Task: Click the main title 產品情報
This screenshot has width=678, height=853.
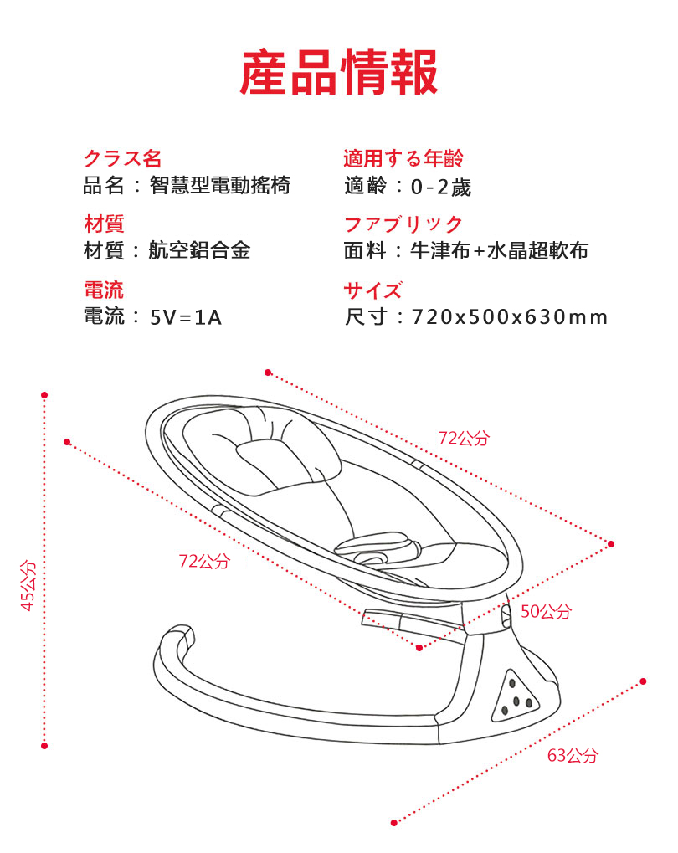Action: click(339, 73)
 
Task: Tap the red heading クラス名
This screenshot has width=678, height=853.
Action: click(122, 158)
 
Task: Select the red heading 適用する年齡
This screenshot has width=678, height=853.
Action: click(403, 158)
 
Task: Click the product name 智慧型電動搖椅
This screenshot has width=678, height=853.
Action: click(220, 185)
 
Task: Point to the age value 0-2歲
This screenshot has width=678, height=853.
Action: click(440, 186)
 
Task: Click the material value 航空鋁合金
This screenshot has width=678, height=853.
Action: click(199, 250)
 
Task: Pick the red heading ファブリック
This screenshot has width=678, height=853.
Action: click(403, 224)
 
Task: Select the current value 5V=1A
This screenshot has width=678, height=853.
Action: click(186, 317)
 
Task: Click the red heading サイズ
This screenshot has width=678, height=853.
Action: click(373, 290)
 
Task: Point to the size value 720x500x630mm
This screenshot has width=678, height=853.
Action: click(510, 317)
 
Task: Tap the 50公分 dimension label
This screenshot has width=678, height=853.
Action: click(546, 611)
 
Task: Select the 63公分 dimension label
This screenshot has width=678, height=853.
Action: click(573, 755)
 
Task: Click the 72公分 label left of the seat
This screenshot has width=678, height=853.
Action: click(203, 561)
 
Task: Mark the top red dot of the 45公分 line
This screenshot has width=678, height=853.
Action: click(44, 394)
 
